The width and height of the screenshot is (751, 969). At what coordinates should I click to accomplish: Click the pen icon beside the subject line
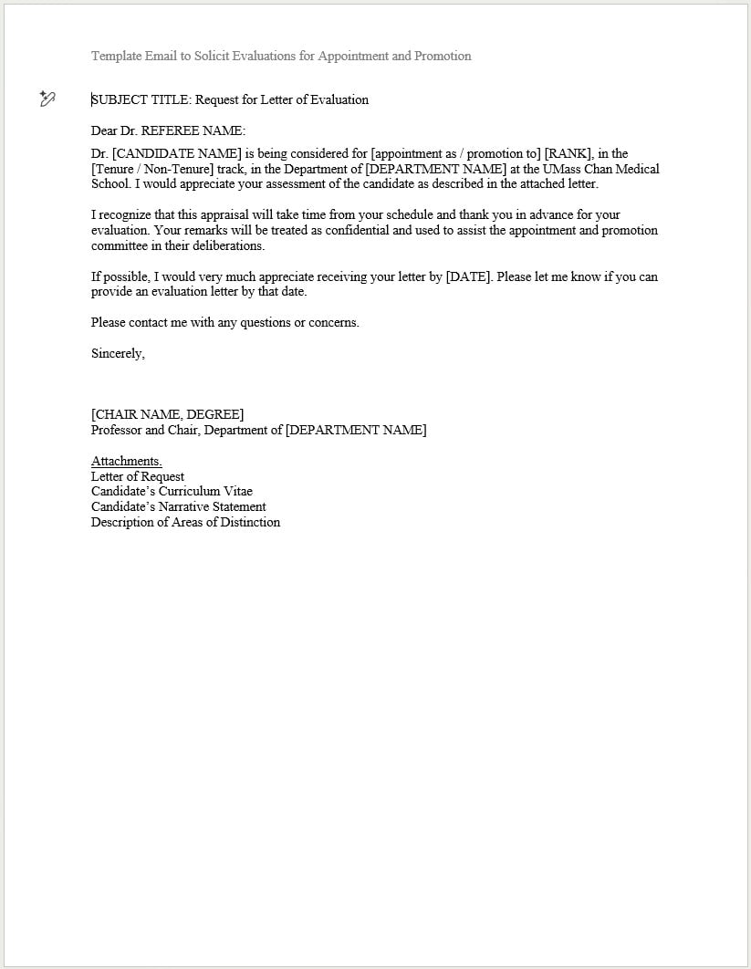click(48, 99)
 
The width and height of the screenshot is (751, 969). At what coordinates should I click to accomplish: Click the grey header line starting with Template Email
click(281, 57)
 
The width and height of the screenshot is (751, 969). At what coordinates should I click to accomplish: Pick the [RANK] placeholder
click(568, 154)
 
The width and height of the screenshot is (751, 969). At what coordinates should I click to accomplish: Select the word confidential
click(363, 231)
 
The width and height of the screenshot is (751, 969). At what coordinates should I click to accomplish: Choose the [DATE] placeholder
click(468, 277)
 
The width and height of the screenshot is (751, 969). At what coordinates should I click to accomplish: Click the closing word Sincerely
click(118, 354)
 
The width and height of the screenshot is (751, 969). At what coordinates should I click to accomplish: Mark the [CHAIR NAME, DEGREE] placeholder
click(168, 415)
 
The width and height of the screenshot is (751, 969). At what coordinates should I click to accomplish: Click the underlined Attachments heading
click(126, 462)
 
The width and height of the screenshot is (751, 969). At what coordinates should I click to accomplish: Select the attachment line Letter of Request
click(138, 477)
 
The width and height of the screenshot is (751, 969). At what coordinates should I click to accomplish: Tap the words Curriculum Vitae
click(205, 492)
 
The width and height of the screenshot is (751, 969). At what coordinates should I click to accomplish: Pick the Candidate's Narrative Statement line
click(179, 507)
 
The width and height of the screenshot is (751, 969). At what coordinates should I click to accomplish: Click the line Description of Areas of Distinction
click(185, 523)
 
